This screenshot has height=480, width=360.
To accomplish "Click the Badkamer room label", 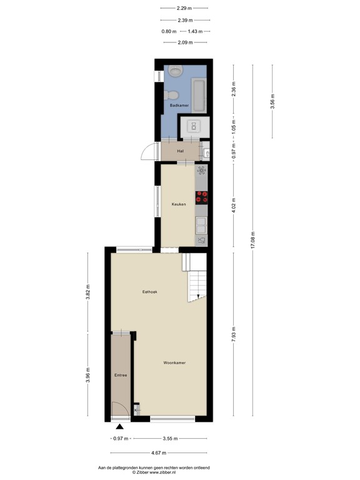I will (x=179, y=106).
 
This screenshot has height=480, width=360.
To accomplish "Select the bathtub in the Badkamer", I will (x=199, y=94).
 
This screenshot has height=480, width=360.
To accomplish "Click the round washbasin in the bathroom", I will (x=173, y=95).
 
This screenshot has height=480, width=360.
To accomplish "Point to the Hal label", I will (x=180, y=151).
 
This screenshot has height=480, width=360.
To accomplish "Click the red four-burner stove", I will (x=202, y=197).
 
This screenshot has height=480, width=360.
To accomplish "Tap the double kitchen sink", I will (x=201, y=222).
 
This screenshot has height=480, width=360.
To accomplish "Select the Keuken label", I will (x=179, y=204).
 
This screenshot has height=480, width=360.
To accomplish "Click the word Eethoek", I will (x=149, y=292).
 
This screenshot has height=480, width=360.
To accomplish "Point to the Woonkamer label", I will (x=174, y=362).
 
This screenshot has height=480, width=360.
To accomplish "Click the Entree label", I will (x=121, y=375).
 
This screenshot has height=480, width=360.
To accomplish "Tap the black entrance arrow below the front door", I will (x=120, y=427).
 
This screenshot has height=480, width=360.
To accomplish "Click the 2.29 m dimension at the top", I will (x=184, y=8).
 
